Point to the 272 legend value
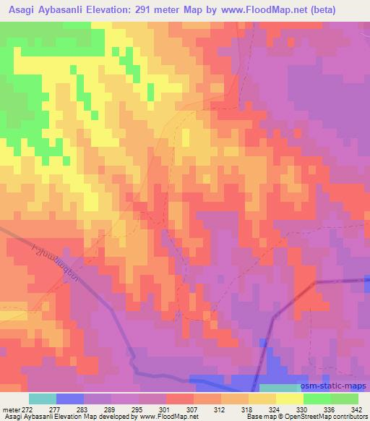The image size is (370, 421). pyautogui.click(x=27, y=409)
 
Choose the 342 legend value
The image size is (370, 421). pyautogui.click(x=357, y=409)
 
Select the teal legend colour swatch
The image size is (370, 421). pyautogui.click(x=43, y=399)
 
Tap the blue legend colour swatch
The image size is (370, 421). pyautogui.click(x=70, y=399)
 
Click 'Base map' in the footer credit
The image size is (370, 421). pyautogui.click(x=259, y=417)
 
